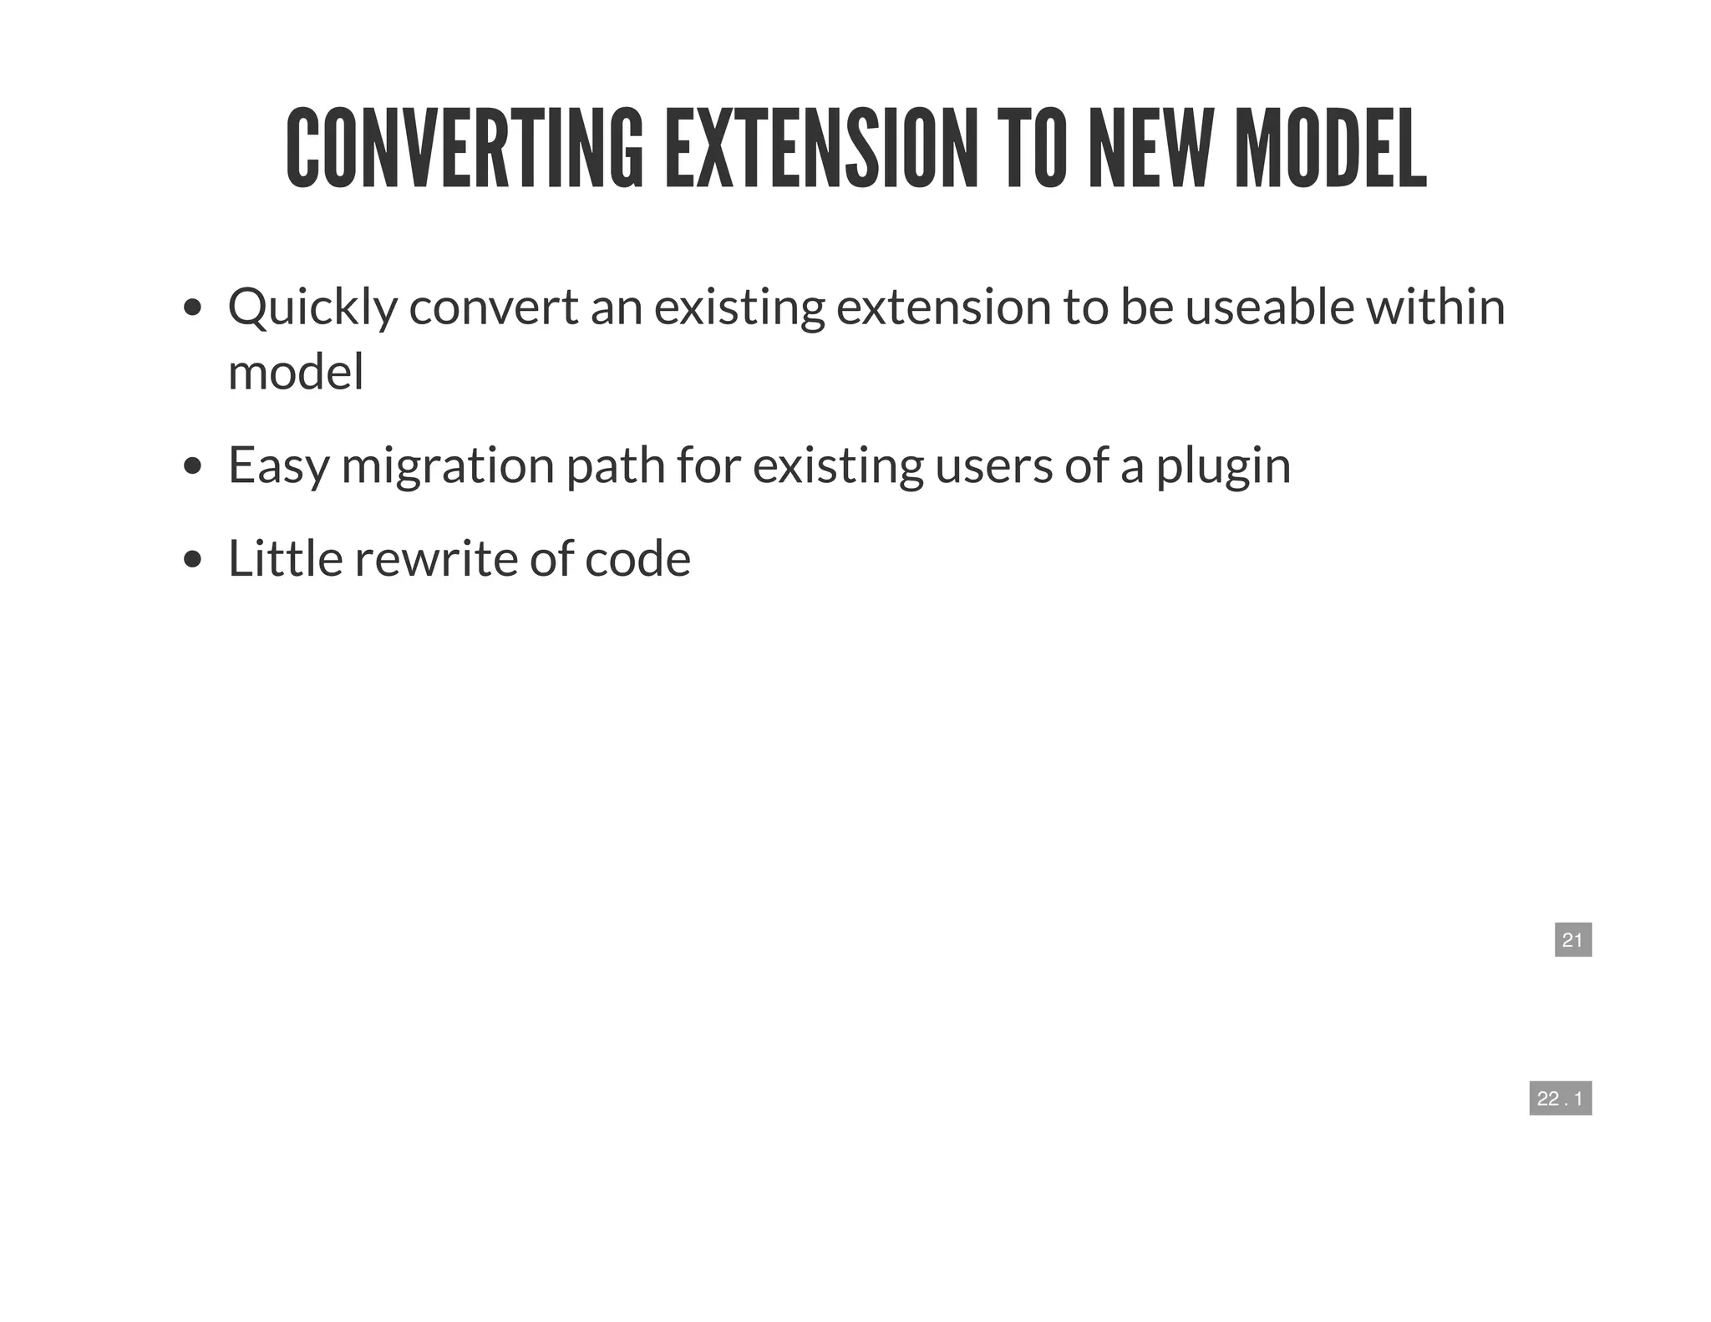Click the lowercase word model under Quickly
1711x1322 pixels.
pyautogui.click(x=296, y=372)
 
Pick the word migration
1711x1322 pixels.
pyautogui.click(x=448, y=465)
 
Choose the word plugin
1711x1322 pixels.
pyautogui.click(x=1223, y=467)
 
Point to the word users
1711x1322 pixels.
pyautogui.click(x=993, y=465)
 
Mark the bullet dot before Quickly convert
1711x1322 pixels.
pyautogui.click(x=193, y=308)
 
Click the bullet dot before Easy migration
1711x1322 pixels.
pyautogui.click(x=193, y=466)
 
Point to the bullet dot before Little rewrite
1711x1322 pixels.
pyautogui.click(x=193, y=559)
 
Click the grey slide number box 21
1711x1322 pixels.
pyautogui.click(x=1572, y=939)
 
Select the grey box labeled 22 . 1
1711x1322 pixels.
pyautogui.click(x=1560, y=1098)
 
